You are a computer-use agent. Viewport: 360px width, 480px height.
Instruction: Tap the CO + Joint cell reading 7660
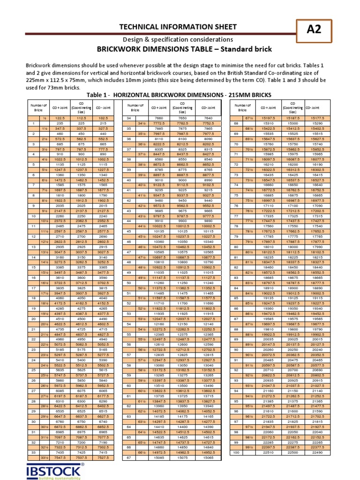coord(156,119)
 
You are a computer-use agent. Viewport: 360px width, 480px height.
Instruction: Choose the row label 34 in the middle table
coord(127,119)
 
